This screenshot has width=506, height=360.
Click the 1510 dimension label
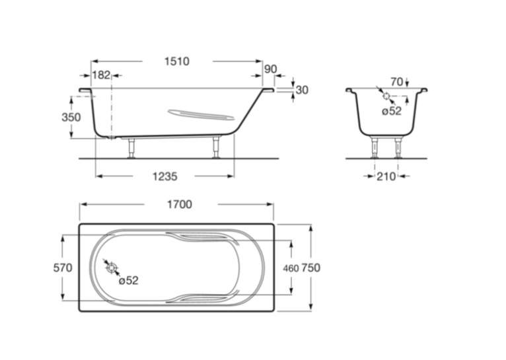pyautogui.click(x=177, y=61)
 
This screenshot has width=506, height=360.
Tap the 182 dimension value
pyautogui.click(x=101, y=75)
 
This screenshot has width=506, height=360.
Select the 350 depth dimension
pyautogui.click(x=71, y=117)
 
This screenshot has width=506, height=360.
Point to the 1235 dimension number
pyautogui.click(x=164, y=176)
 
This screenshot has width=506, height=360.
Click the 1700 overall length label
pyautogui.click(x=180, y=204)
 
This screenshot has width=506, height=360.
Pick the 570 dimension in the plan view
pyautogui.click(x=63, y=268)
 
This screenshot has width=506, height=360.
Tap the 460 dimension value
pyautogui.click(x=291, y=268)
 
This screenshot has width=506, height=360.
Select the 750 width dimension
pyautogui.click(x=310, y=268)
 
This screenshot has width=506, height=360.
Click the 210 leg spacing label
pyautogui.click(x=386, y=176)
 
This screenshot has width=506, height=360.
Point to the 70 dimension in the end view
pyautogui.click(x=396, y=82)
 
